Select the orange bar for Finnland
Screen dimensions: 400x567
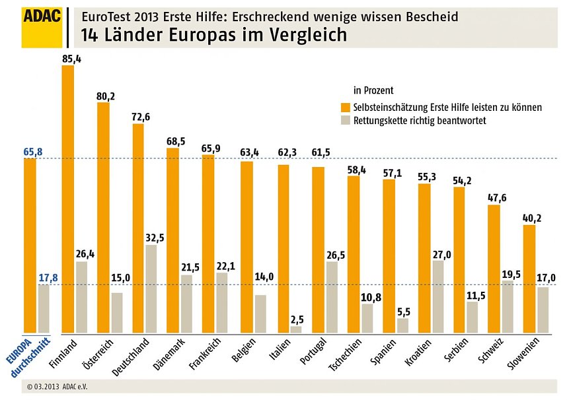(68, 198)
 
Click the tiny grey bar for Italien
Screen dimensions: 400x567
(295, 329)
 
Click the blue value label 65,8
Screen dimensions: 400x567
(32, 152)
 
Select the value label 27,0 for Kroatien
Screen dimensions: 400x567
(437, 254)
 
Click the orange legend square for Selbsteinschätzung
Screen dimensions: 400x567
(345, 107)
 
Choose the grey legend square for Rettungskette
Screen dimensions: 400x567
(345, 121)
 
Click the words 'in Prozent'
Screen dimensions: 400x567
(373, 90)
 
